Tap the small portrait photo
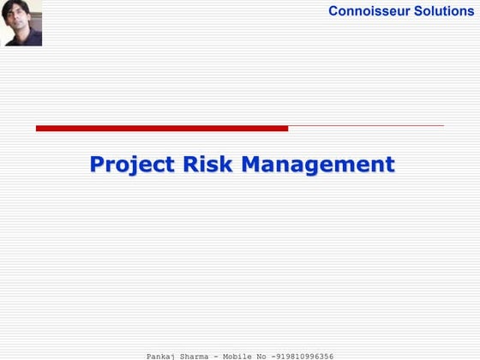(21, 23)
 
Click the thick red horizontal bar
(162, 129)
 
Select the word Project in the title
(133, 164)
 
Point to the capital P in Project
(97, 164)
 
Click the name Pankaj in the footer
(161, 355)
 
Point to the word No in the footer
(273, 355)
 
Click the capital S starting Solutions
(415, 11)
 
